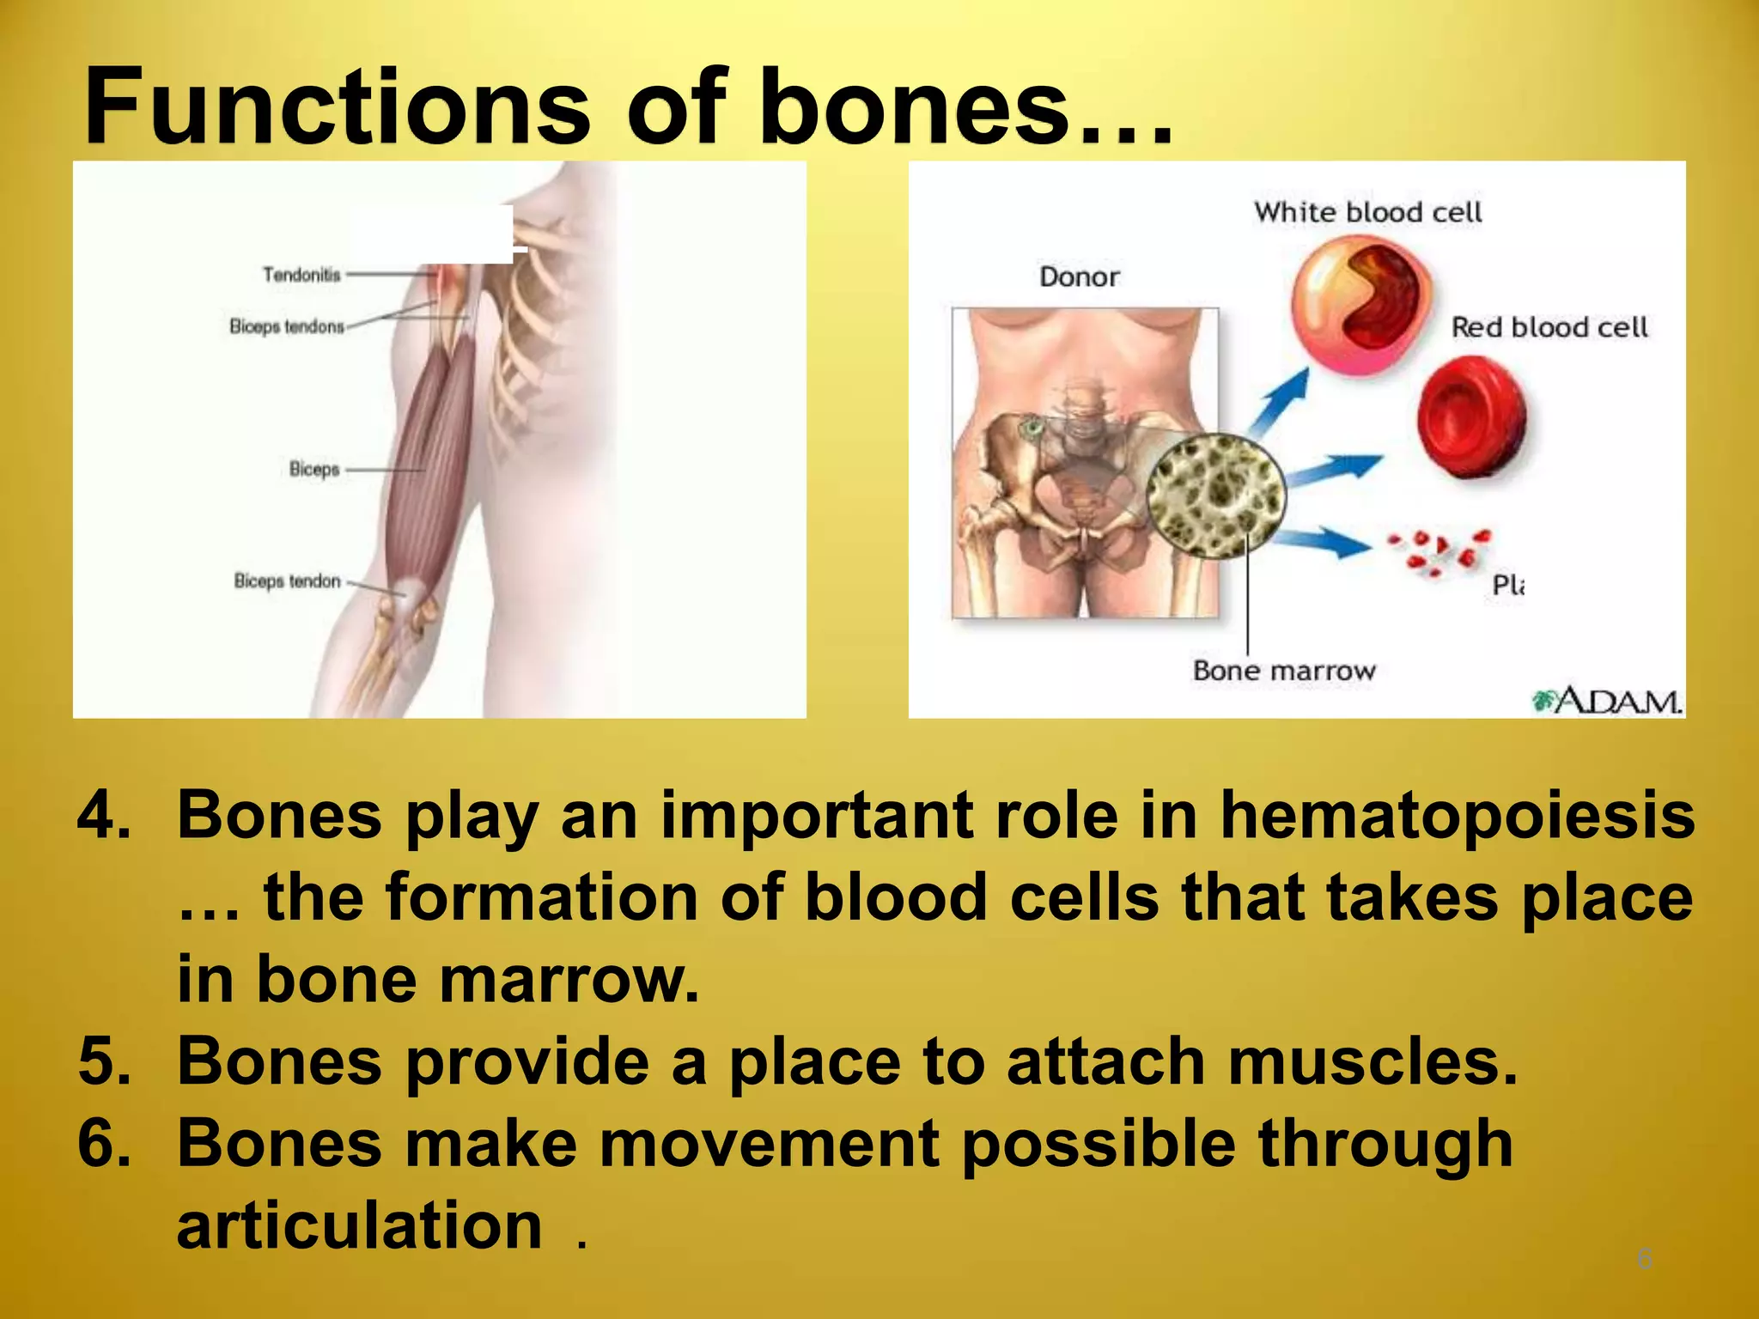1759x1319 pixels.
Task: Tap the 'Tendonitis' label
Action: [301, 275]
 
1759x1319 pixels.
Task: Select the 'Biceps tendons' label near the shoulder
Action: [287, 326]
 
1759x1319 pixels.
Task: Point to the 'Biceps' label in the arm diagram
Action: [314, 469]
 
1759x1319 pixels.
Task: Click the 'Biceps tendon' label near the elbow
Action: [288, 581]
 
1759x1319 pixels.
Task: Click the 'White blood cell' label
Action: [1367, 212]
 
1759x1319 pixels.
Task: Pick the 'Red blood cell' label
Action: [1549, 327]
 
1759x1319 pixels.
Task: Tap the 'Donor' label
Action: [1080, 277]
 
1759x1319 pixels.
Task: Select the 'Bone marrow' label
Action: [1284, 671]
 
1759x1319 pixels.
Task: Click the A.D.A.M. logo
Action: [1607, 701]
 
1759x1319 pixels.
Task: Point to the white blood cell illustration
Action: [1360, 305]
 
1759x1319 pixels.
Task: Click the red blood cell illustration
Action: [1471, 417]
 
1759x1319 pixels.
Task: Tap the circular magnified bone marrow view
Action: [1216, 496]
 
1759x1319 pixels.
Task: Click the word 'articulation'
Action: [359, 1225]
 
